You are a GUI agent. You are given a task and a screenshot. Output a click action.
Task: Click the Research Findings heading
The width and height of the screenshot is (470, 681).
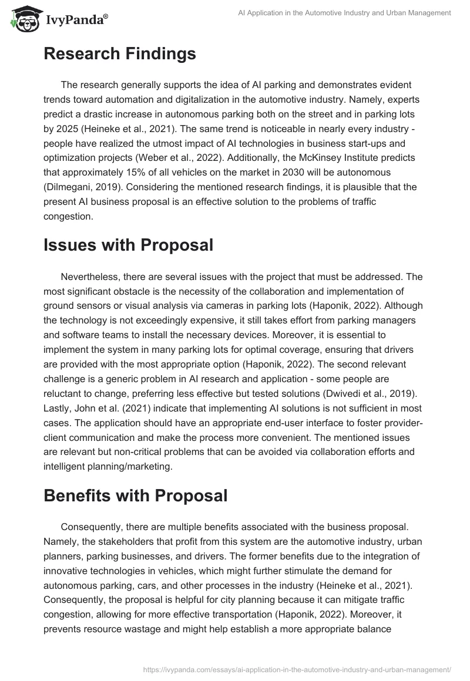119,54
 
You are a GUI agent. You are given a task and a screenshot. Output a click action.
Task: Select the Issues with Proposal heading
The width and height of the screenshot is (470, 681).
128,245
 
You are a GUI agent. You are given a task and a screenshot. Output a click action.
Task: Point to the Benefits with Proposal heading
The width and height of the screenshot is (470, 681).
135,495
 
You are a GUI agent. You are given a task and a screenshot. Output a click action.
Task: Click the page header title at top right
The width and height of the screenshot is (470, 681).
345,13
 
